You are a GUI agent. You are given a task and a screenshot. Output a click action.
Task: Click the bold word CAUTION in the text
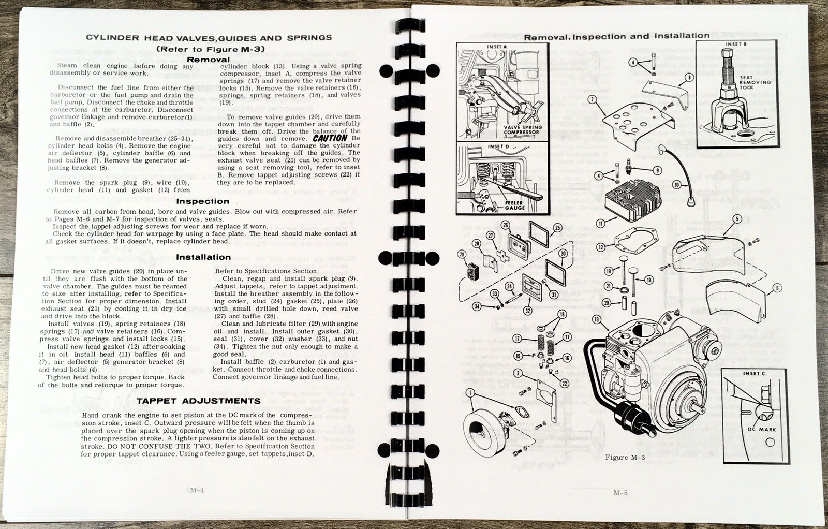pos(330,138)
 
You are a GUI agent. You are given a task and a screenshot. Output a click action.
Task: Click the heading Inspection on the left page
pos(202,201)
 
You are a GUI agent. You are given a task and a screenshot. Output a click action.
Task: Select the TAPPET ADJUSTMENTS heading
pos(199,401)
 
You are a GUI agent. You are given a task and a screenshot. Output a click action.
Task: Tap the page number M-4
pos(197,491)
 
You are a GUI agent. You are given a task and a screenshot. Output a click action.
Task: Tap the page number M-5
pos(620,493)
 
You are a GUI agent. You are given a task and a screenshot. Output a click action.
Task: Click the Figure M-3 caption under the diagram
pos(625,458)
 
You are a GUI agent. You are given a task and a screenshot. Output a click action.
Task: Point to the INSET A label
pos(497,47)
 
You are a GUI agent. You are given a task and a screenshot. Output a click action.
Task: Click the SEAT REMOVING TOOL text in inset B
pos(755,82)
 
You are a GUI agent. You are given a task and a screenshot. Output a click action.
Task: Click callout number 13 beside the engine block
pos(597,319)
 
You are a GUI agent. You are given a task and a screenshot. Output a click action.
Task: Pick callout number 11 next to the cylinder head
pos(600,224)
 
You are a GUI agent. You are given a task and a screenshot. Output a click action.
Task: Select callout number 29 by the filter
pos(462,254)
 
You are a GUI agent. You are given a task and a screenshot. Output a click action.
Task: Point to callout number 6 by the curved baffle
pos(777,288)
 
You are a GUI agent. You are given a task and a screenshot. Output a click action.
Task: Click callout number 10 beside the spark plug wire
pos(676,185)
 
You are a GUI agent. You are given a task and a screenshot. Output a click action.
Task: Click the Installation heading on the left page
pos(203,257)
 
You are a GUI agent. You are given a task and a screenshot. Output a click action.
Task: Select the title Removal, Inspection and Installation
pos(616,36)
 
